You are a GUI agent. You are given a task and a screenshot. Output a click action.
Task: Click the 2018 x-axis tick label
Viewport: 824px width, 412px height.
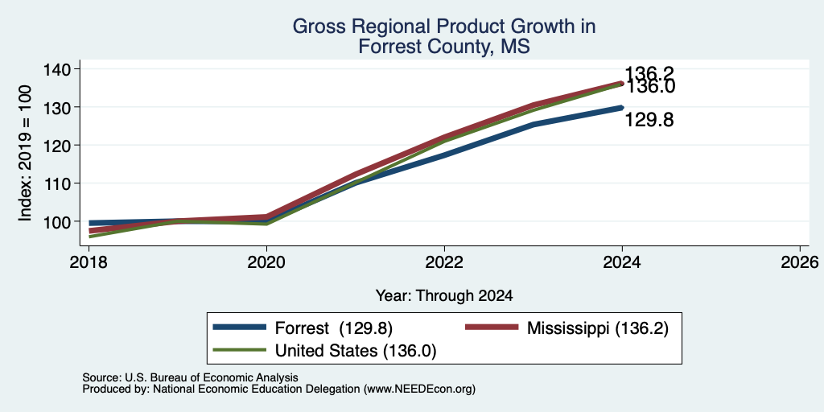click(89, 262)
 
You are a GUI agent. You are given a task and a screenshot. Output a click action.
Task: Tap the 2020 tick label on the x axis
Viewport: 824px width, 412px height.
click(266, 262)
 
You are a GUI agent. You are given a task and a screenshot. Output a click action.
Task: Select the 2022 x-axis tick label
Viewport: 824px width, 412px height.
click(444, 262)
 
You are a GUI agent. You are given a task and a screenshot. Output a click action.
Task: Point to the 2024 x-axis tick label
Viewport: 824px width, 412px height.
click(622, 262)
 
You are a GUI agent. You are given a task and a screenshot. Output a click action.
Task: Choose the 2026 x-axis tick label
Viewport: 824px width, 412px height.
click(800, 262)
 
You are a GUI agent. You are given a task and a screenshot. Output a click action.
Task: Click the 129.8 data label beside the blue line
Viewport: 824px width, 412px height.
click(649, 121)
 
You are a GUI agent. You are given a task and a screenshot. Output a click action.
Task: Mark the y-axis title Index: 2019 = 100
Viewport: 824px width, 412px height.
click(25, 154)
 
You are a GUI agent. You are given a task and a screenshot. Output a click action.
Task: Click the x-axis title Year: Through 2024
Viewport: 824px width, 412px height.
click(444, 296)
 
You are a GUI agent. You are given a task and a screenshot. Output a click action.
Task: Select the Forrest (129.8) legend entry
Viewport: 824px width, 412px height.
click(303, 328)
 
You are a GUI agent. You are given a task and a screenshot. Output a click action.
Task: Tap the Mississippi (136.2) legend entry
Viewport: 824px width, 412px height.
click(567, 328)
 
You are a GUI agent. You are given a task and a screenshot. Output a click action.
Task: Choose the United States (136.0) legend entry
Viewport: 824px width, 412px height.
click(325, 351)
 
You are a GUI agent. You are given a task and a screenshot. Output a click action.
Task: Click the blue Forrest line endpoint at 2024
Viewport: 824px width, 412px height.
click(622, 108)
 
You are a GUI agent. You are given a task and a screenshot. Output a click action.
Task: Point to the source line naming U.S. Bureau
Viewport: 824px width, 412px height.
click(190, 377)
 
